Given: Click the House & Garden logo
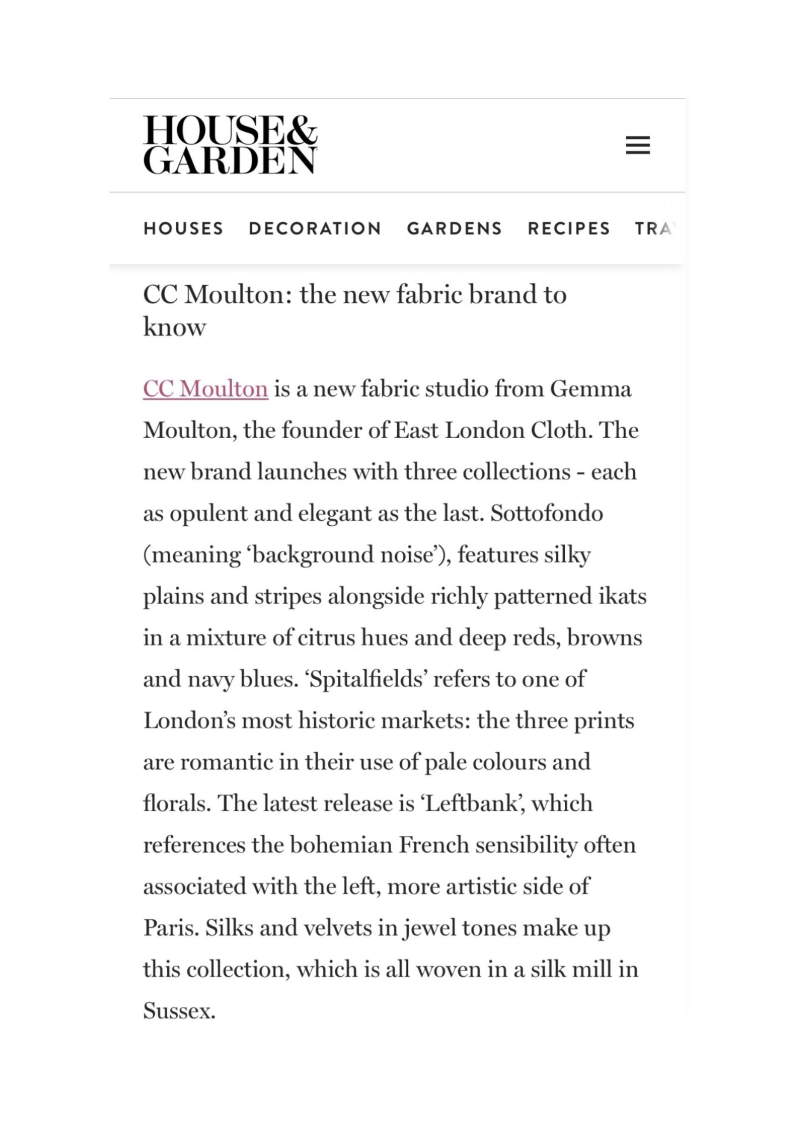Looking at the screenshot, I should pyautogui.click(x=230, y=145).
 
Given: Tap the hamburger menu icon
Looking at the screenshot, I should pyautogui.click(x=638, y=145).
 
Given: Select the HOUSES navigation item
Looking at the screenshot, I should pyautogui.click(x=184, y=229).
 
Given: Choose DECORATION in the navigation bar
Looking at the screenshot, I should pyautogui.click(x=315, y=229).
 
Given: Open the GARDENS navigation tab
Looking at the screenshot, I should pyautogui.click(x=454, y=229).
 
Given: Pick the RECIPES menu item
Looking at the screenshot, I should pyautogui.click(x=569, y=229).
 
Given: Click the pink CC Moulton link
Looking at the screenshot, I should pyautogui.click(x=206, y=389).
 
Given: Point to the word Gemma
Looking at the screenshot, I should pyautogui.click(x=591, y=389).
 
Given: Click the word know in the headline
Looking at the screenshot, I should pyautogui.click(x=174, y=327).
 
